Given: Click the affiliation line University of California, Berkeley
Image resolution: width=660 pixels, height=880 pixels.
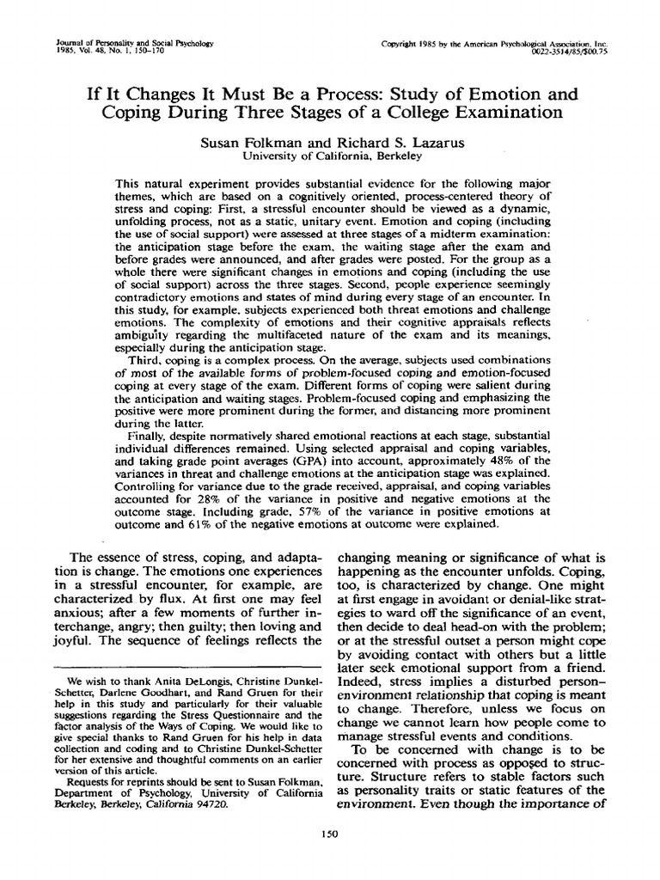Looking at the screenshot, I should click(330, 156).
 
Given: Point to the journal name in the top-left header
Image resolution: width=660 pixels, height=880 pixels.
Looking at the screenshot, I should click(134, 42).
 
